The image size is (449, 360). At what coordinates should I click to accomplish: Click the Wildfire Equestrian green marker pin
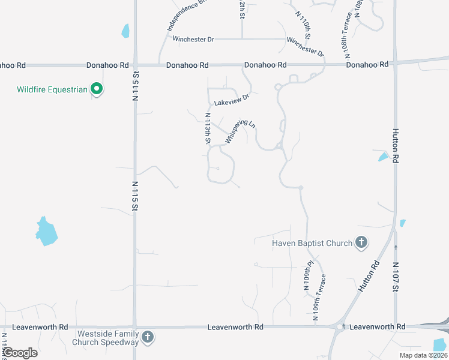point(97,90)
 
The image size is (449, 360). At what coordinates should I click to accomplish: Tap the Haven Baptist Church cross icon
point(361,243)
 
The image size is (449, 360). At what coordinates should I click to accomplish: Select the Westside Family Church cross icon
point(148,338)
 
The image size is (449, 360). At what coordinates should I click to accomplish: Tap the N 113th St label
point(208,129)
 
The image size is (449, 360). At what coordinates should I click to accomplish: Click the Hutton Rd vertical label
point(395,146)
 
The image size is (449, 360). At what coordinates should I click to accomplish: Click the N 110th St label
point(303,23)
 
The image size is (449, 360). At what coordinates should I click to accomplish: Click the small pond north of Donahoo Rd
point(125,31)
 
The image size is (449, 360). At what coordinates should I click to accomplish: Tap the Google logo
point(20,353)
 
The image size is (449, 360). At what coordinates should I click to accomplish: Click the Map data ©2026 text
point(423,355)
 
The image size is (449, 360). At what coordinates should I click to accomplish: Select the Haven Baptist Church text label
point(312,243)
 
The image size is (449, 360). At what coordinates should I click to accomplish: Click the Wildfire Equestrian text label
point(52,90)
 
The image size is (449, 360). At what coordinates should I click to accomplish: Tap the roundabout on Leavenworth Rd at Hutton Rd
point(340,327)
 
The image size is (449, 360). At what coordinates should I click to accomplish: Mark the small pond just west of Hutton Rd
point(383,157)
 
